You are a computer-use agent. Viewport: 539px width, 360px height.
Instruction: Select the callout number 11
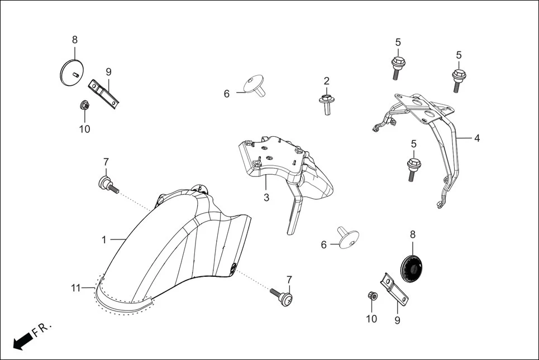click(76, 288)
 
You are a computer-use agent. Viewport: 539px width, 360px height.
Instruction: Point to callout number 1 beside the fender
click(104, 239)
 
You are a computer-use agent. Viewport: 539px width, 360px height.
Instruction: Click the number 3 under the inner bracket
click(266, 197)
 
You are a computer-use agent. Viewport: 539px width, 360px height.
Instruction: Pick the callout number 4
click(476, 137)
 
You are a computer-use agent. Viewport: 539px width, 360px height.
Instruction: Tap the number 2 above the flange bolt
click(326, 81)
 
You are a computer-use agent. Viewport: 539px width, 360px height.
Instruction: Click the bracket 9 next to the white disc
click(104, 93)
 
